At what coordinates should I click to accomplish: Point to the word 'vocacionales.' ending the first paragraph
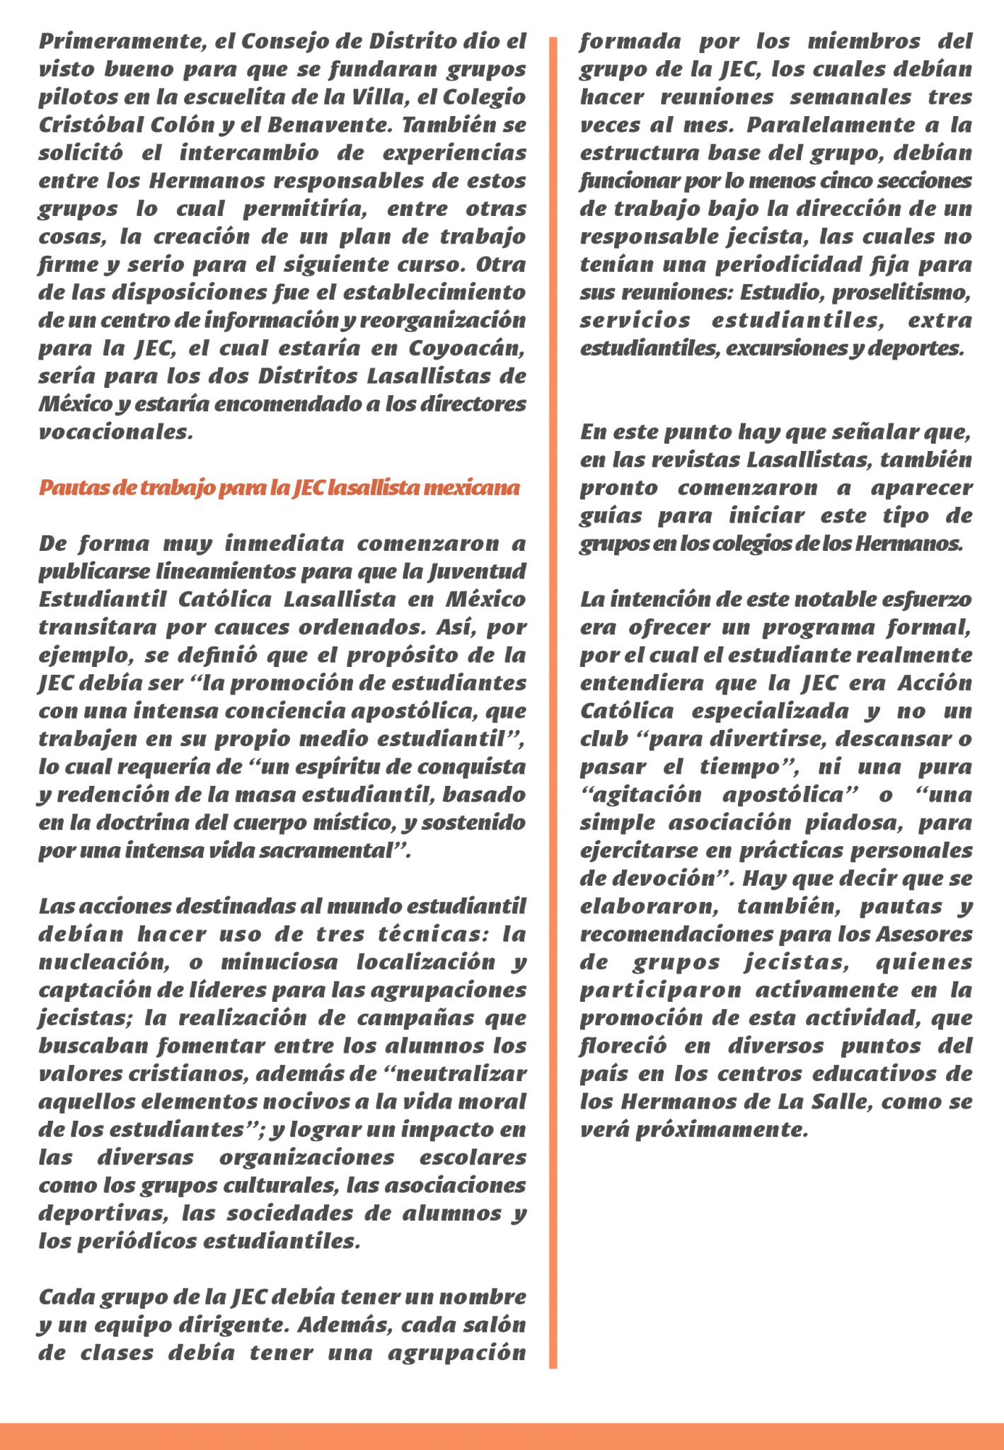[115, 433]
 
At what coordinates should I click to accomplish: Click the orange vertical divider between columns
[553, 701]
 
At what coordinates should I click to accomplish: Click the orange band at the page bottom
[502, 1436]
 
